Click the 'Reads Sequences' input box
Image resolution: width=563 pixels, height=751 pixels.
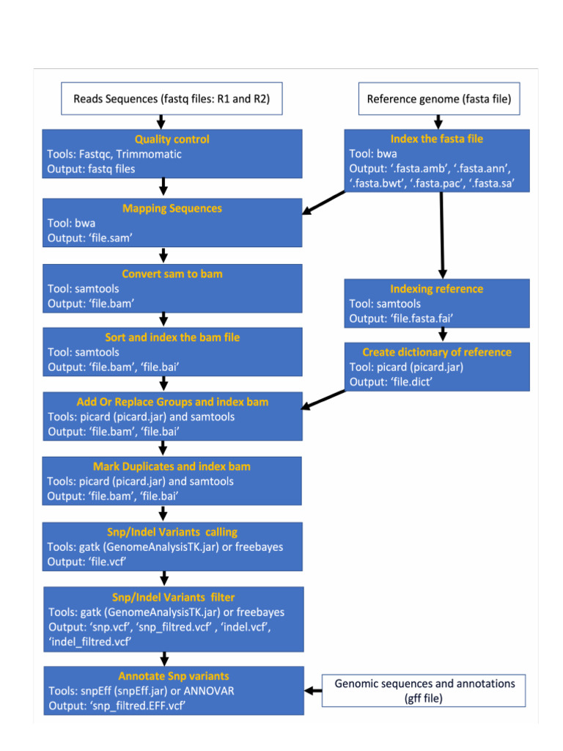[x=172, y=99]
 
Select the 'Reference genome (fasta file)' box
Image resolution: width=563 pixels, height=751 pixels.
[x=439, y=99]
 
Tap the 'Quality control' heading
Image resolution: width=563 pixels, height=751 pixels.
[x=172, y=139]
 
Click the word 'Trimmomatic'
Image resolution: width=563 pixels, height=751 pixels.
[x=149, y=154]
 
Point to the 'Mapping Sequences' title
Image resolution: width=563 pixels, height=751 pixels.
[x=172, y=208]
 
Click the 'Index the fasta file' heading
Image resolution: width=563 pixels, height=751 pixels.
[x=437, y=139]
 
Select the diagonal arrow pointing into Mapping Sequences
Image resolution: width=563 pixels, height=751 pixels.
[x=324, y=203]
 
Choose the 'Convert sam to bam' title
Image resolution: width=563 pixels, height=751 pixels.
[x=172, y=274]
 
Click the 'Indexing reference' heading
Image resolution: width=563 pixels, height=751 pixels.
[x=437, y=289]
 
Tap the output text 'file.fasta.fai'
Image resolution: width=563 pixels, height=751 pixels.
[x=426, y=318]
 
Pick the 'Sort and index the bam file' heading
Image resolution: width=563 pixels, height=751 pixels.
[x=172, y=337]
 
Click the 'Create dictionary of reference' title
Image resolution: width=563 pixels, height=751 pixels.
[x=437, y=352]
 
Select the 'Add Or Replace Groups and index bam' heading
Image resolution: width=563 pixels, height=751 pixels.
[x=172, y=402]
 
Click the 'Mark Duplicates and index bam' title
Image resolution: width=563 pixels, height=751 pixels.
[x=172, y=466]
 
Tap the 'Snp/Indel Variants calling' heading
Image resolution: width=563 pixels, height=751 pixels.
[x=172, y=532]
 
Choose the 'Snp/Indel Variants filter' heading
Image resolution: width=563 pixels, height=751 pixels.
[x=173, y=597]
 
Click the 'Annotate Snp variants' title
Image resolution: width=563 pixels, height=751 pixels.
[x=174, y=676]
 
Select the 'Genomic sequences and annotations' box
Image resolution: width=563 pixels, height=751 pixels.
[x=424, y=690]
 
